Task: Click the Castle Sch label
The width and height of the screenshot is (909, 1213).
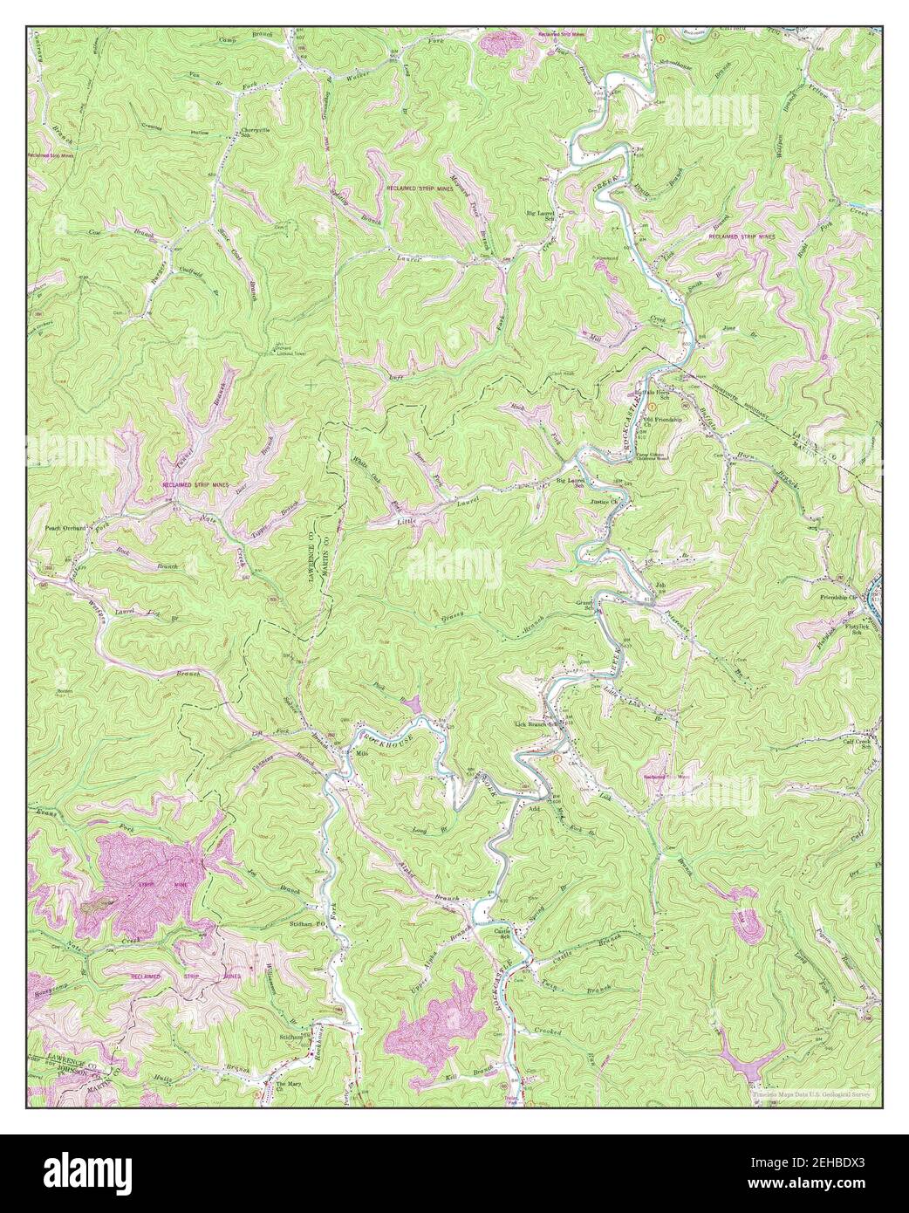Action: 502,936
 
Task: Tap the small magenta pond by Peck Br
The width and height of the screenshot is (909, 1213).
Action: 411,703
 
